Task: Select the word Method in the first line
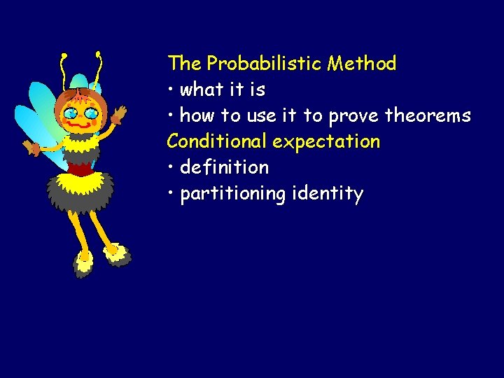point(362,64)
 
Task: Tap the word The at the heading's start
point(184,64)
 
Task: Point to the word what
point(200,90)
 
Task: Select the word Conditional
point(217,141)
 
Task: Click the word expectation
point(326,142)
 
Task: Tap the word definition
point(224,167)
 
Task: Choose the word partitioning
point(232,194)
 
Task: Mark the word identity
point(326,194)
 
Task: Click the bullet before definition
point(171,168)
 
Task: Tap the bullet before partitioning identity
point(171,194)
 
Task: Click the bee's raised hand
point(120,113)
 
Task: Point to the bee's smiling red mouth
point(79,123)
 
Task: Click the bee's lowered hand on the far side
point(32,148)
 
